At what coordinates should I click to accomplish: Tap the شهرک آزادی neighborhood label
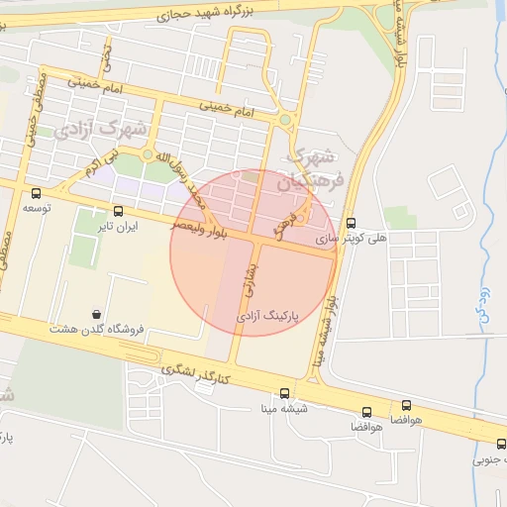[x=101, y=130]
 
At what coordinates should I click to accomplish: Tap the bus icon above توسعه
[x=36, y=193]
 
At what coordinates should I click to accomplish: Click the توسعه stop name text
[x=36, y=208]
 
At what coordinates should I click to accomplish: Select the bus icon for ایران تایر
[x=119, y=211]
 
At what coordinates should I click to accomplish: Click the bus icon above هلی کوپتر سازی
[x=351, y=224]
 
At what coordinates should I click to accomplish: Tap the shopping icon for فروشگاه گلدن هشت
[x=96, y=314]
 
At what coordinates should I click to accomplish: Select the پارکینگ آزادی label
[x=268, y=314]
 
